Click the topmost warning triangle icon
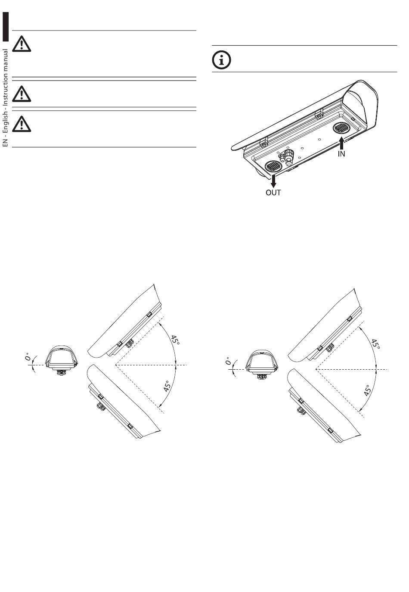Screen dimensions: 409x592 pos(22,44)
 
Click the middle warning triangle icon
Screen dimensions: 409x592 pos(22,94)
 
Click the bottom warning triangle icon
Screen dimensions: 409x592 pos(22,124)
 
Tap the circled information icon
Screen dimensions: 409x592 pos(222,60)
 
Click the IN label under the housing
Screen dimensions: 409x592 pos(341,154)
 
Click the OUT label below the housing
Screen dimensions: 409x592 pos(273,193)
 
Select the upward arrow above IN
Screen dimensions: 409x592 pos(342,143)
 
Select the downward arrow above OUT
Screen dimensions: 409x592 pos(273,181)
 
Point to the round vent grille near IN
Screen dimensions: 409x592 pos(341,129)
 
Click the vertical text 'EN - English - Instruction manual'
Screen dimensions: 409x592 pos(5,98)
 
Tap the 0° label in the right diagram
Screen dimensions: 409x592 pos(229,361)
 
